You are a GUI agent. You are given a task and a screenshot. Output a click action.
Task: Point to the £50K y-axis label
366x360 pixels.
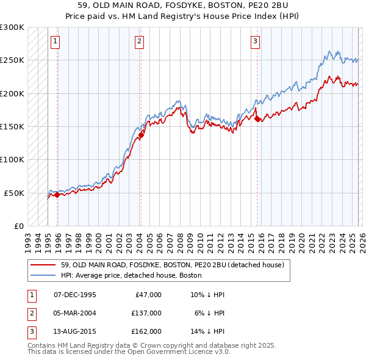coord(14,193)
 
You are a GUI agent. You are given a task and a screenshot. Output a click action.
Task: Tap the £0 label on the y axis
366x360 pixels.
coord(18,226)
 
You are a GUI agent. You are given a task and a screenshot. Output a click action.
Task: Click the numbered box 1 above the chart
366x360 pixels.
coord(56,41)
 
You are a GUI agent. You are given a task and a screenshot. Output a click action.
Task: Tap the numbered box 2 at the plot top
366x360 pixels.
coord(139,41)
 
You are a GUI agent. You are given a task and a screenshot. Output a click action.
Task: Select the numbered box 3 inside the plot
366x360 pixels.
coord(254,41)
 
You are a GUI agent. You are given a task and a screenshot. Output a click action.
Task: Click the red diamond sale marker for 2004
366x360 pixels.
coord(141,135)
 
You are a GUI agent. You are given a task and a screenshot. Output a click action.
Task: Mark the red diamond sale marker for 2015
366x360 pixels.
coord(257,118)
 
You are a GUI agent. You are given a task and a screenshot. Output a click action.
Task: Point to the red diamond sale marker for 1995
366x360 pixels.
coord(57,195)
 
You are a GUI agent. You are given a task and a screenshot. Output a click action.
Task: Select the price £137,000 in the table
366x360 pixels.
coord(146,312)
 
